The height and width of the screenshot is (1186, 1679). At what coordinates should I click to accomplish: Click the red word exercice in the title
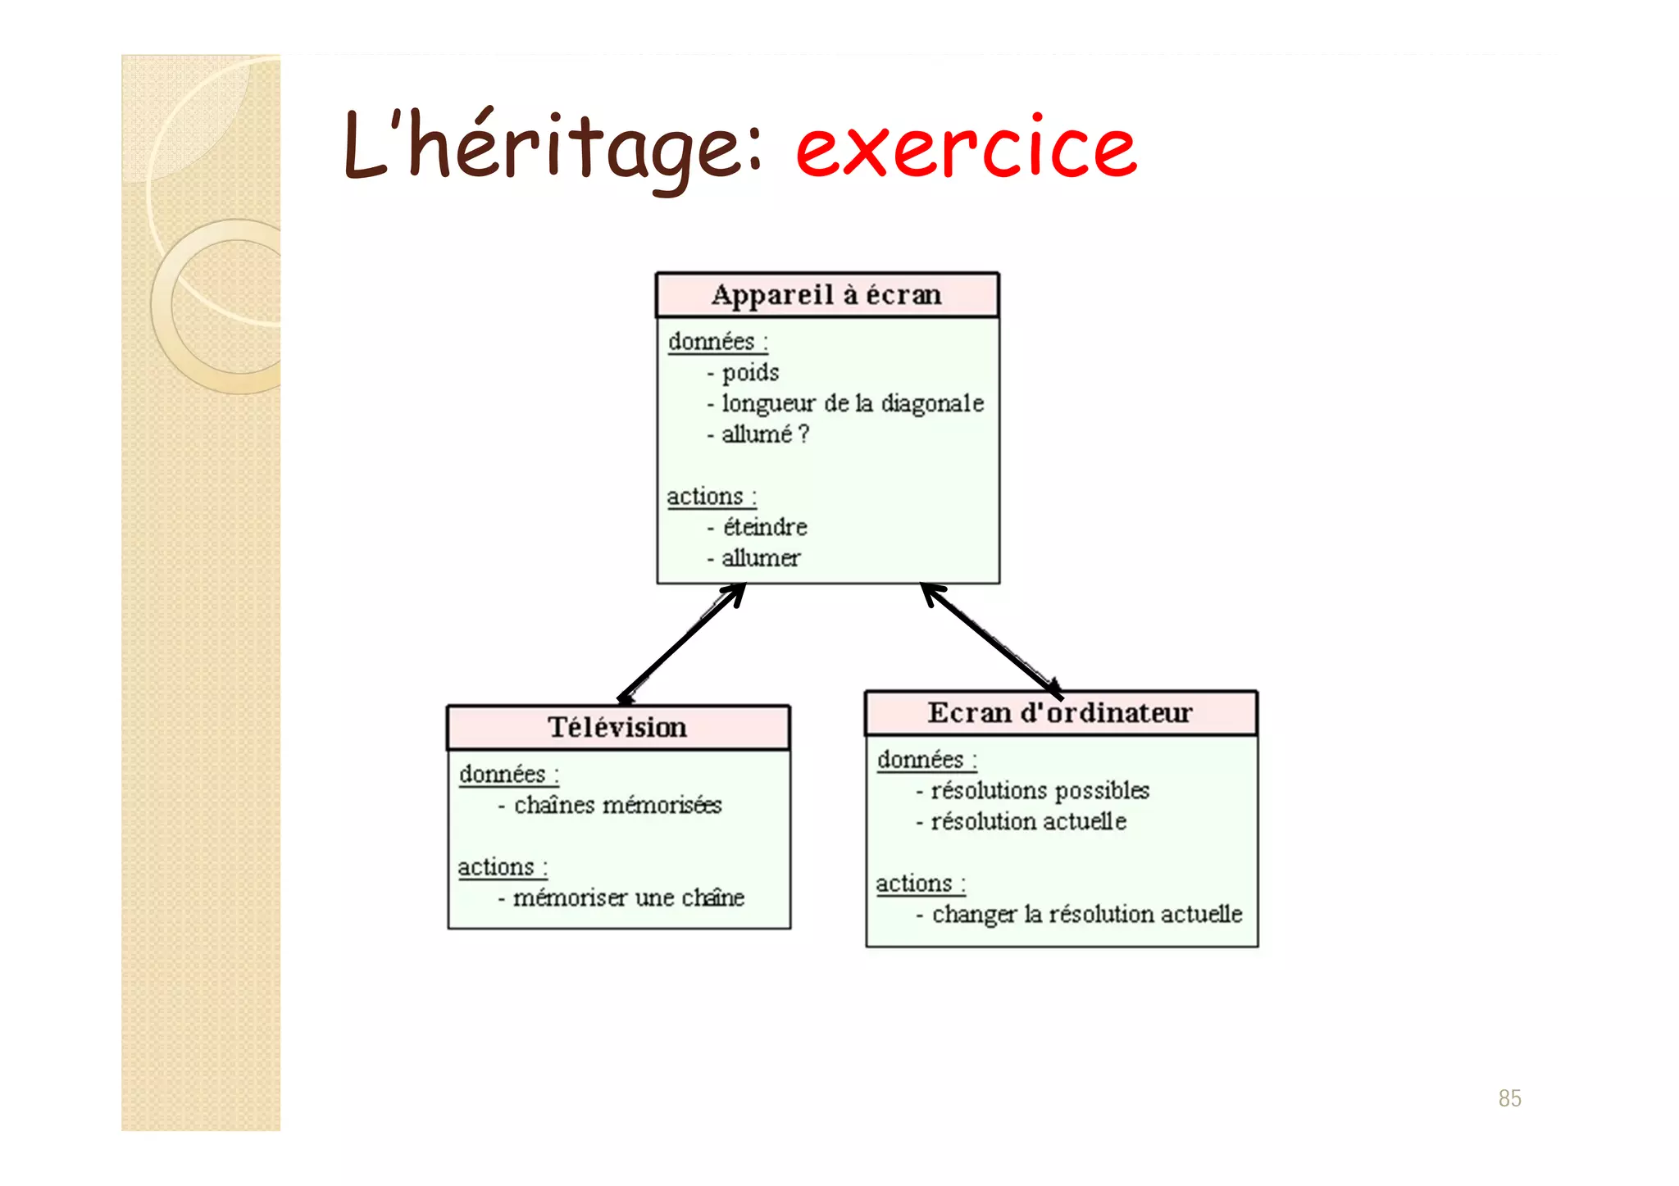tap(966, 148)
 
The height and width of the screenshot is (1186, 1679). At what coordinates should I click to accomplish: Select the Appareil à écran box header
tap(827, 295)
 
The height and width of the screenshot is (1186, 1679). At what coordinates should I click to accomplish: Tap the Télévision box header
tap(618, 727)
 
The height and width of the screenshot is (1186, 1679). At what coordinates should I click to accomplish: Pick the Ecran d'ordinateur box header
tap(1060, 713)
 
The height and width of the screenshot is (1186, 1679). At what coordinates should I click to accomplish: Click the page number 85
tap(1509, 1098)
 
